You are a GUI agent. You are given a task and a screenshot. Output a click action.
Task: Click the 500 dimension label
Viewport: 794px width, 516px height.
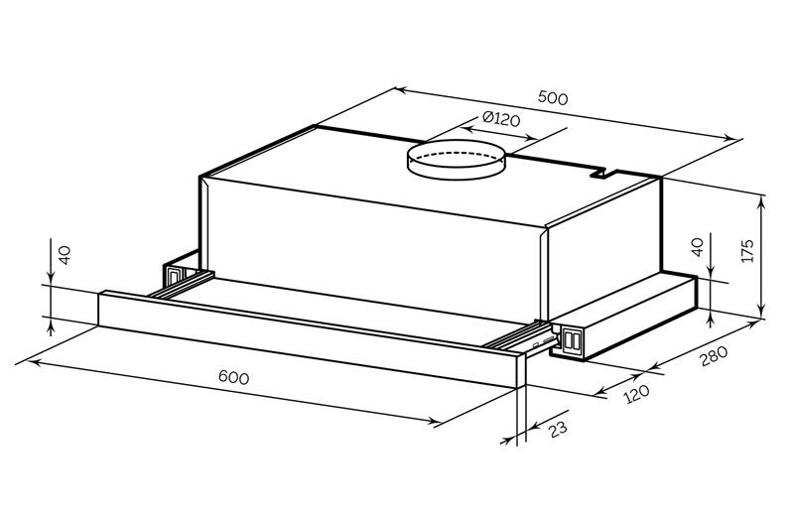click(x=553, y=97)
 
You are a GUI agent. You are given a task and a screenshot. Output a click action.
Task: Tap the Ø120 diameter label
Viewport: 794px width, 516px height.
click(x=501, y=119)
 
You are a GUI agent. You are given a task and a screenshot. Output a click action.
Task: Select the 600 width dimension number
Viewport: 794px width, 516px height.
click(x=233, y=377)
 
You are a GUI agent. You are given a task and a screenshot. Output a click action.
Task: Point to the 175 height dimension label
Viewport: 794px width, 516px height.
click(x=747, y=250)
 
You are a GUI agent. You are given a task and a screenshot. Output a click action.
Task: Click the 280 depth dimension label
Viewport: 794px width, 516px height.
click(x=714, y=355)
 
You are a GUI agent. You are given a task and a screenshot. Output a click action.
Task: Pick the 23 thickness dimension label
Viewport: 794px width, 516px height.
click(x=557, y=430)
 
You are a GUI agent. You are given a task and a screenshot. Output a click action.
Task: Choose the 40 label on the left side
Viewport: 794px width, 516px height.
click(x=65, y=255)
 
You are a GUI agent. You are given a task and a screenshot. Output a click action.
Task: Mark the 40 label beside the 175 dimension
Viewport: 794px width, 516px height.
click(x=698, y=247)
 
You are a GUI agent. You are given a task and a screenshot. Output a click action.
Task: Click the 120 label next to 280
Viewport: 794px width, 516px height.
click(x=636, y=394)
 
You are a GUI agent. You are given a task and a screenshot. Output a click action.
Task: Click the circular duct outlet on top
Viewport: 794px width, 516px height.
click(x=457, y=160)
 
